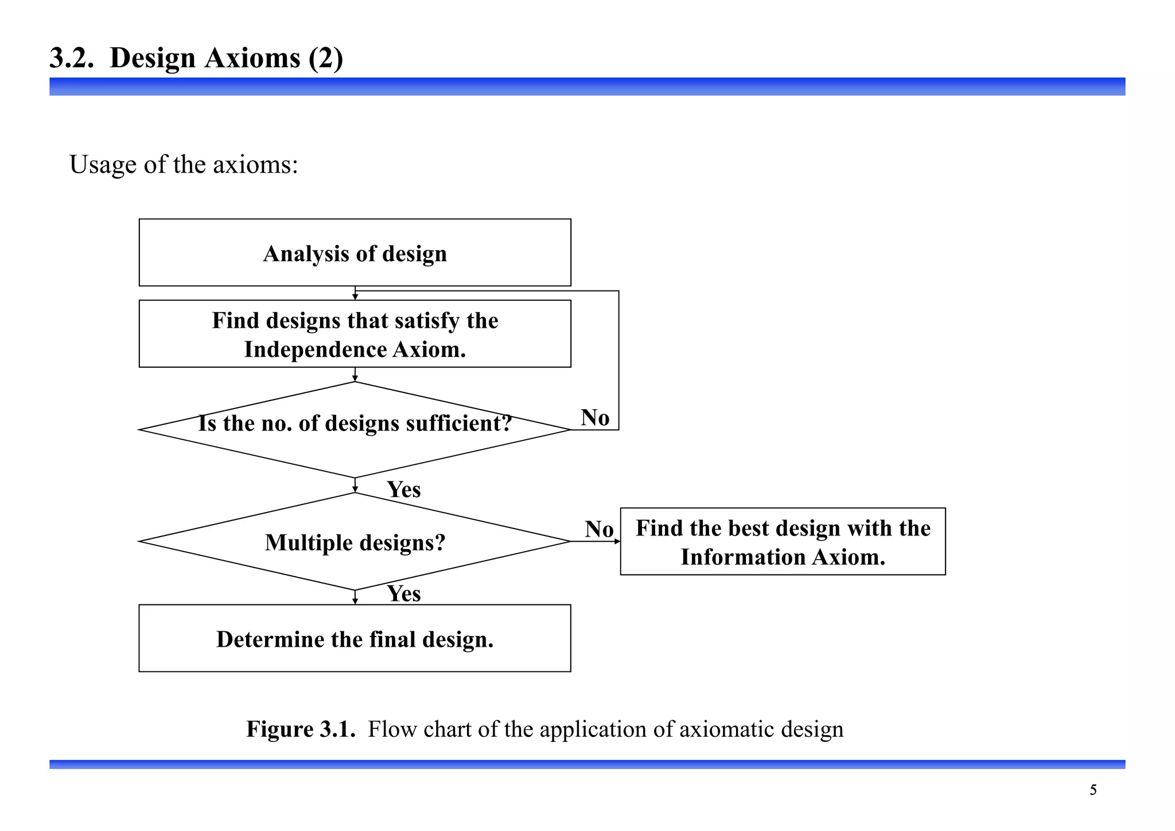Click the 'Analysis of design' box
click(355, 253)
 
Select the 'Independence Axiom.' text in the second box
click(355, 350)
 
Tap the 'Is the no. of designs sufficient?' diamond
click(355, 429)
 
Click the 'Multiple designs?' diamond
click(355, 542)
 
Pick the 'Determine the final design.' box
click(355, 639)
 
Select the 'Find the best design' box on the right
click(783, 541)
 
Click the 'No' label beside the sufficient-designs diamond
click(595, 418)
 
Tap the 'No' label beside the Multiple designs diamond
click(599, 529)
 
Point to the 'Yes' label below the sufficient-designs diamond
click(403, 490)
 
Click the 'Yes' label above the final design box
click(403, 593)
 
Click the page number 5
click(1093, 790)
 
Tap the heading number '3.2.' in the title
click(72, 59)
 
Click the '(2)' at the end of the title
click(325, 59)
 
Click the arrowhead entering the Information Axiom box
click(617, 541)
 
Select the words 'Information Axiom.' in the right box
click(783, 557)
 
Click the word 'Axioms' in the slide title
click(252, 59)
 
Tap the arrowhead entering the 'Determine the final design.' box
click(355, 601)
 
